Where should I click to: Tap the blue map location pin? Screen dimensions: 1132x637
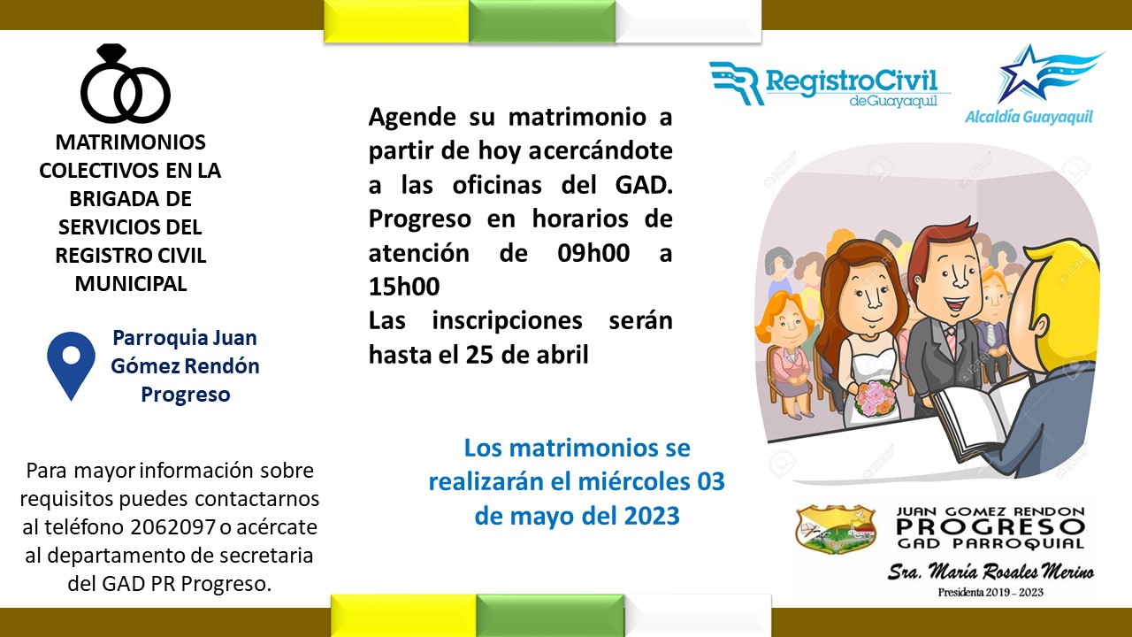[72, 365]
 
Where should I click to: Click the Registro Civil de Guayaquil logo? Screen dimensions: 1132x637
[830, 84]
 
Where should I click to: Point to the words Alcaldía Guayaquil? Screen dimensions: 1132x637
[1029, 118]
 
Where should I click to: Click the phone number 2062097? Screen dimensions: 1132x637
[173, 527]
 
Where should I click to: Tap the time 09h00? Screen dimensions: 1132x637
[593, 253]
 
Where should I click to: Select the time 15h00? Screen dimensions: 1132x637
[404, 287]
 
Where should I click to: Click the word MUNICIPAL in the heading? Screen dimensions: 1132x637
[131, 284]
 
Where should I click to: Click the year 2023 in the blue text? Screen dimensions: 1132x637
[652, 516]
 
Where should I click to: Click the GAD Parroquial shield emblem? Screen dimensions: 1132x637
[836, 529]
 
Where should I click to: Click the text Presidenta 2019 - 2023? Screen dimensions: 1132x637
[990, 592]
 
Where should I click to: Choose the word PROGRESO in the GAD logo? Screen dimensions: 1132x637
[990, 527]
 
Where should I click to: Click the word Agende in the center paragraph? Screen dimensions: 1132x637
[412, 119]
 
